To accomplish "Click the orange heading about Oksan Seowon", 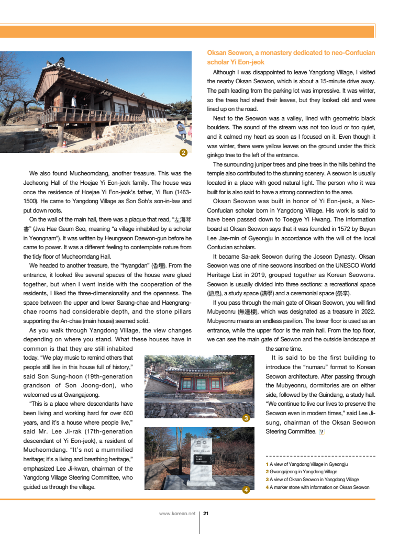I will (291, 58).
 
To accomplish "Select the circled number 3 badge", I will (246, 418).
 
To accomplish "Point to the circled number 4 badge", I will (246, 490).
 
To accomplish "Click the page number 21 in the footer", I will (206, 514).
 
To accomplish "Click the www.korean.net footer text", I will (177, 514).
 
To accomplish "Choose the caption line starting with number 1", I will (307, 464).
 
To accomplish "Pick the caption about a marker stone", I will (317, 487).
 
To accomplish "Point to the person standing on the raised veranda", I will (74, 100).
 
